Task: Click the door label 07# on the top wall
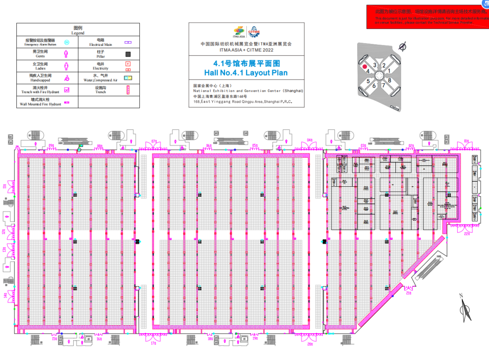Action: (x=154, y=142)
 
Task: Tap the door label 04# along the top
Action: (x=310, y=140)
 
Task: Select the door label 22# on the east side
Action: (x=467, y=234)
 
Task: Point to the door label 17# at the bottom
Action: (x=153, y=342)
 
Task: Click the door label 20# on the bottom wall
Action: (x=310, y=344)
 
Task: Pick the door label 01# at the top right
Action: (x=466, y=141)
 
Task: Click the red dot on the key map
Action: (x=364, y=66)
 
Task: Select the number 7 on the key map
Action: (x=383, y=85)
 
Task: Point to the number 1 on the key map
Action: (x=389, y=71)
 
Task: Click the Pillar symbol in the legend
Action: (x=128, y=54)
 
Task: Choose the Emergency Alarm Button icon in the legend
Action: (x=67, y=43)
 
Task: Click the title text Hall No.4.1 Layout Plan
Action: (x=245, y=73)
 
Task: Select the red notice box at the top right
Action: (x=427, y=18)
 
